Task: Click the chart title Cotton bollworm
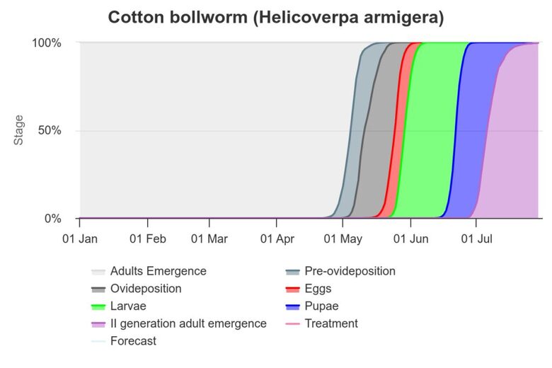tap(275, 18)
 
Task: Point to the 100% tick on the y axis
tap(47, 42)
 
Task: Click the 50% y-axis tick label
tap(50, 131)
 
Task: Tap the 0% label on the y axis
tap(53, 219)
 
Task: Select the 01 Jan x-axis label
tap(79, 239)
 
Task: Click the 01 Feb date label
tap(148, 239)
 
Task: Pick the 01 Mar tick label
tap(209, 239)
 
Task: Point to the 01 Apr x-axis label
tap(277, 239)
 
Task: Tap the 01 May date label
tap(343, 239)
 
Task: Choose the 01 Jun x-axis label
tap(410, 239)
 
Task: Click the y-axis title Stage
tap(19, 130)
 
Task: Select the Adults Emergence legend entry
tap(158, 271)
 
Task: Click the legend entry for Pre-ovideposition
tap(350, 271)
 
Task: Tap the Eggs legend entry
tap(318, 289)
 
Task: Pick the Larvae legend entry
tap(129, 306)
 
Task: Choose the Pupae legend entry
tap(321, 306)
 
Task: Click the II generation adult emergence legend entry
tap(188, 323)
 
